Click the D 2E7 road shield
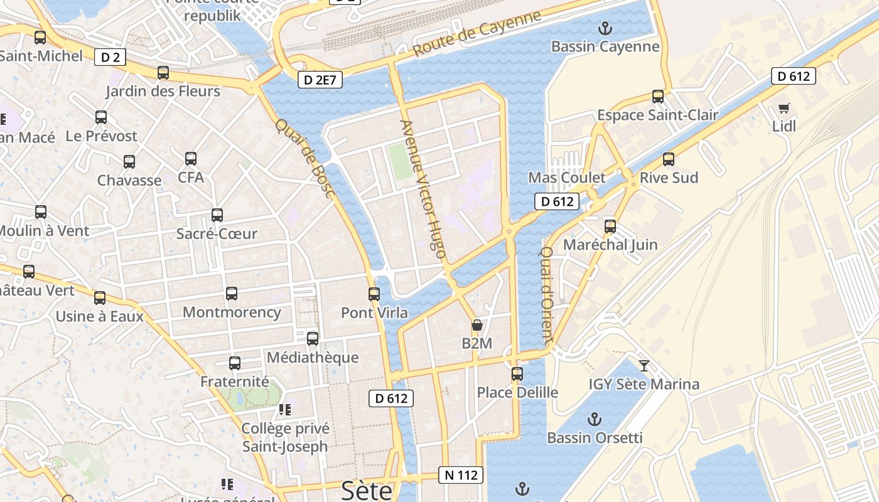click(x=320, y=80)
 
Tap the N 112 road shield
click(x=461, y=475)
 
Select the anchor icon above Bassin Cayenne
click(x=605, y=28)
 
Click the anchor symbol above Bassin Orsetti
click(x=594, y=419)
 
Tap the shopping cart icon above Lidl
click(x=784, y=108)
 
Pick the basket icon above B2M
click(x=477, y=325)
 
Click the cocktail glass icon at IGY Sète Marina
click(x=644, y=365)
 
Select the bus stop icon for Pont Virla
click(x=374, y=294)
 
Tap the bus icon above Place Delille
click(x=517, y=374)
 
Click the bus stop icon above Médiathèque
click(x=313, y=339)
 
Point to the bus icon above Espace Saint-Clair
click(x=658, y=97)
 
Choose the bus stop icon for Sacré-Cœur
click(x=217, y=215)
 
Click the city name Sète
click(x=367, y=490)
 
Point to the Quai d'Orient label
click(x=546, y=295)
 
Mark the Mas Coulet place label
click(x=567, y=178)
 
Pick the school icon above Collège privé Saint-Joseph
click(x=285, y=410)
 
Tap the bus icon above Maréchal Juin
click(x=610, y=227)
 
